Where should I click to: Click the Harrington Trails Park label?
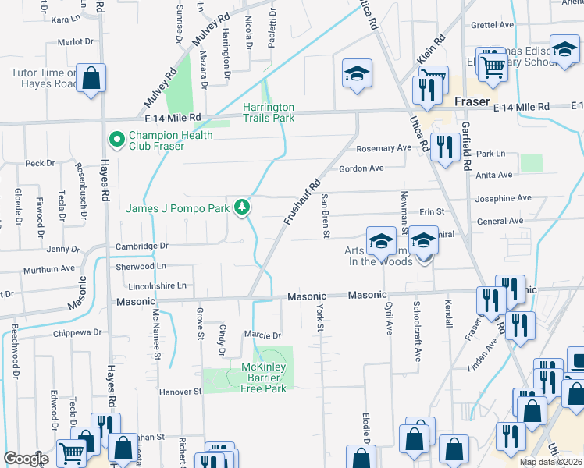(x=268, y=112)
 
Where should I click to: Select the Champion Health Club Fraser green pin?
(x=117, y=140)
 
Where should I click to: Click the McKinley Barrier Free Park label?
(x=264, y=378)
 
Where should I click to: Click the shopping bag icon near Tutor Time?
(x=91, y=78)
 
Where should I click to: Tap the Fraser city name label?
(x=472, y=102)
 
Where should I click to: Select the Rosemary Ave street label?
(x=383, y=148)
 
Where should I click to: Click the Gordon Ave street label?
(x=361, y=168)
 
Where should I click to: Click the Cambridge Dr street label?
(x=142, y=245)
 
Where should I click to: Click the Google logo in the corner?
(x=26, y=459)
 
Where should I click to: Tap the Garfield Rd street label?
(x=465, y=148)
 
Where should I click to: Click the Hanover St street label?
(x=180, y=392)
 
